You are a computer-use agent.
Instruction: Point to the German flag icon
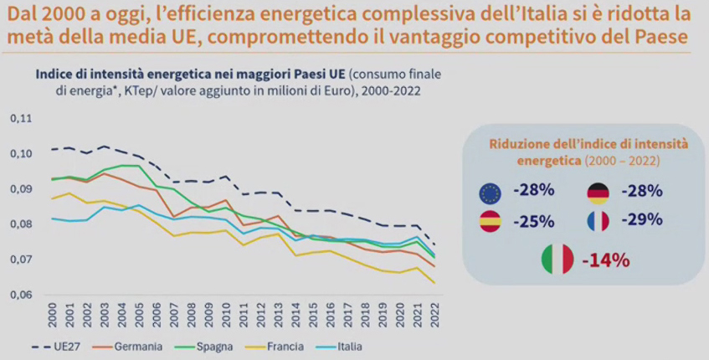[x=598, y=193]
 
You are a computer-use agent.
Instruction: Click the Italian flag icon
[x=557, y=260]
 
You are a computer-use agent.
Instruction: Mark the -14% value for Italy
[x=609, y=260]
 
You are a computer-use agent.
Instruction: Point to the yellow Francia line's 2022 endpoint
[x=435, y=283]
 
